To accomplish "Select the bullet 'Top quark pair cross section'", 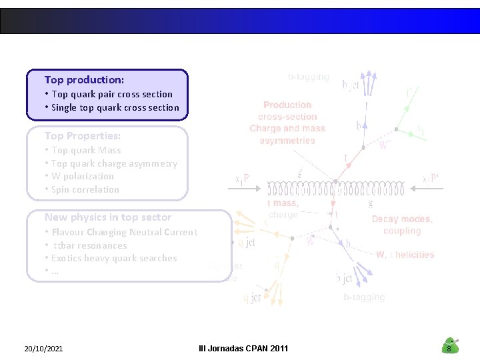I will pyautogui.click(x=111, y=94).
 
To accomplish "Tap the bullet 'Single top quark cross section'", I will pyautogui.click(x=115, y=107).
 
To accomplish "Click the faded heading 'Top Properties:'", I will pyautogui.click(x=83, y=136).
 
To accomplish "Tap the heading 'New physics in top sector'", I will pyautogui.click(x=108, y=217).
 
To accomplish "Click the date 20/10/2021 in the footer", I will pyautogui.click(x=43, y=348).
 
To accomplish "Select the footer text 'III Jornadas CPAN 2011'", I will pyautogui.click(x=243, y=348).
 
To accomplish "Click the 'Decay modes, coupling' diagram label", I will pyautogui.click(x=402, y=225).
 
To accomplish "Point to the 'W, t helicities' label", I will pyautogui.click(x=405, y=255).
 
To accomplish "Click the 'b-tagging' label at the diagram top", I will pyautogui.click(x=308, y=77).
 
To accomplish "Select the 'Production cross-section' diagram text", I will pyautogui.click(x=287, y=110).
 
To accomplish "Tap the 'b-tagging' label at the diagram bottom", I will pyautogui.click(x=364, y=297).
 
